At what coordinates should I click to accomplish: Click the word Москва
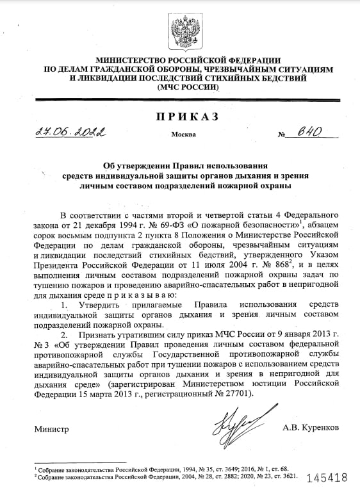183,136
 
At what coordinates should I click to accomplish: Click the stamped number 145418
327,478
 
